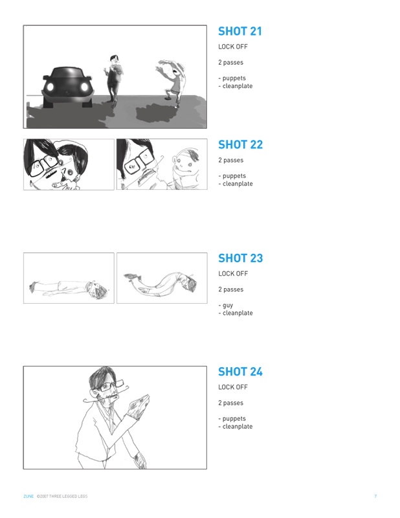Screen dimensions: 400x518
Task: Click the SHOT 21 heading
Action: tap(239, 31)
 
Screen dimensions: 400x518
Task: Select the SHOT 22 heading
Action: tap(241, 144)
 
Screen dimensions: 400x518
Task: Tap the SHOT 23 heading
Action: tap(241, 258)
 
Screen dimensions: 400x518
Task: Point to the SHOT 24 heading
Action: tap(240, 372)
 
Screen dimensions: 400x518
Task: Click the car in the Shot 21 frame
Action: tap(68, 87)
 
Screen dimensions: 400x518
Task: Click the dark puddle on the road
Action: tap(156, 113)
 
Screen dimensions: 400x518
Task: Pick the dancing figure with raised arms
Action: tap(172, 83)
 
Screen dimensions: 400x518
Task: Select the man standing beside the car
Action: tap(114, 80)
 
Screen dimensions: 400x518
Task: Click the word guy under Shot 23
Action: tap(228, 306)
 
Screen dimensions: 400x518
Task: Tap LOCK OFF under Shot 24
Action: tap(233, 387)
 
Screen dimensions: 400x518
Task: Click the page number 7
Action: tap(375, 496)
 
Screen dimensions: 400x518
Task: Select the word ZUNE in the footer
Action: tap(28, 496)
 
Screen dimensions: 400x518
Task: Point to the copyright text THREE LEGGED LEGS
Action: tap(69, 496)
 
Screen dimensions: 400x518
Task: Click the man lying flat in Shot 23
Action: tap(69, 288)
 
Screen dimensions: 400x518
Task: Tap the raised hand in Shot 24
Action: tap(140, 406)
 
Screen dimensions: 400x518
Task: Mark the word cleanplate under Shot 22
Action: tap(238, 184)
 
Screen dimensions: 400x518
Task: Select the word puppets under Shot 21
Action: tap(234, 78)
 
